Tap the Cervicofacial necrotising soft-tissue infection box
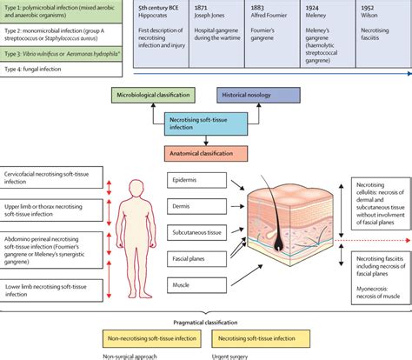[x=51, y=180]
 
